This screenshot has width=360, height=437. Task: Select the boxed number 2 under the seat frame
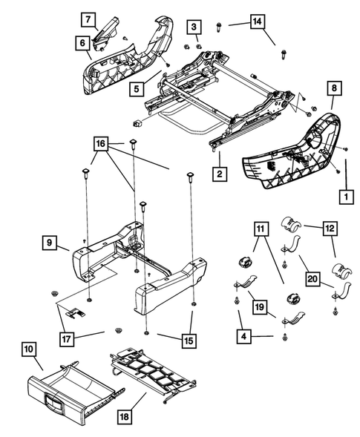tap(219, 175)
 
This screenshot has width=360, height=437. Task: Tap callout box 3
tap(194, 28)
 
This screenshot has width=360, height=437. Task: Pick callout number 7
tap(87, 18)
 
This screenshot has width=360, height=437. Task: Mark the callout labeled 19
tap(258, 305)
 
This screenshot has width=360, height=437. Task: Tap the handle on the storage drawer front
tap(54, 406)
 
